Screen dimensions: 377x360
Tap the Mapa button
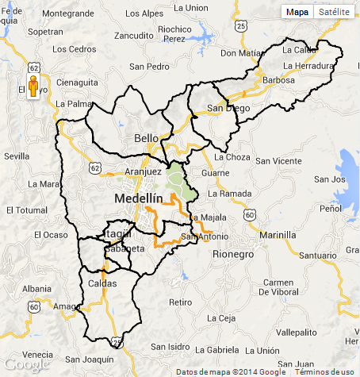click(x=297, y=12)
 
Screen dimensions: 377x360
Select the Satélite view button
click(x=335, y=12)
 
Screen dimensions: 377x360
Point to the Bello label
click(x=147, y=138)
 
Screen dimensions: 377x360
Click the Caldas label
click(x=102, y=283)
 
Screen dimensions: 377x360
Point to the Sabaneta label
click(x=124, y=248)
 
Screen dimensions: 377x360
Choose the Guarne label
click(x=216, y=172)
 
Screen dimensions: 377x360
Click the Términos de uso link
click(x=325, y=371)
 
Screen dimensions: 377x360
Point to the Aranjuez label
click(x=143, y=171)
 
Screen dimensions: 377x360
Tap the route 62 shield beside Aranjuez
click(x=95, y=168)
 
